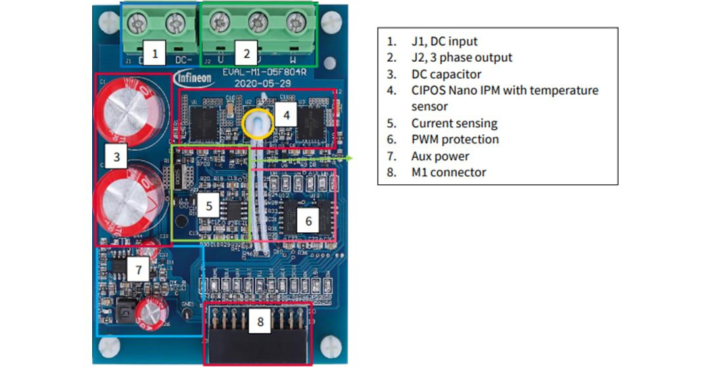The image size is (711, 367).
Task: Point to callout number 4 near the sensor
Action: (286, 115)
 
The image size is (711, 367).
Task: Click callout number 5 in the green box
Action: (209, 207)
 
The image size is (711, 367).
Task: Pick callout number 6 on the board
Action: (308, 221)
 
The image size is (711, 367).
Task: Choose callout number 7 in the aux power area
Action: (138, 270)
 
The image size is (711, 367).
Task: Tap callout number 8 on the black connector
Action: (260, 322)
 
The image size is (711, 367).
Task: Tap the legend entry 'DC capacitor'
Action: (446, 74)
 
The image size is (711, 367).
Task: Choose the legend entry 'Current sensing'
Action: (454, 123)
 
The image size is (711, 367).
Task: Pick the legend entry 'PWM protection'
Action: (455, 139)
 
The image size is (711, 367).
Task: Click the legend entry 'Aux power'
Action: (440, 157)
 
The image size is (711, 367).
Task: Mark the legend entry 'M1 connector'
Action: (448, 172)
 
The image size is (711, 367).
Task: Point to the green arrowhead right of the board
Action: (351, 159)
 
